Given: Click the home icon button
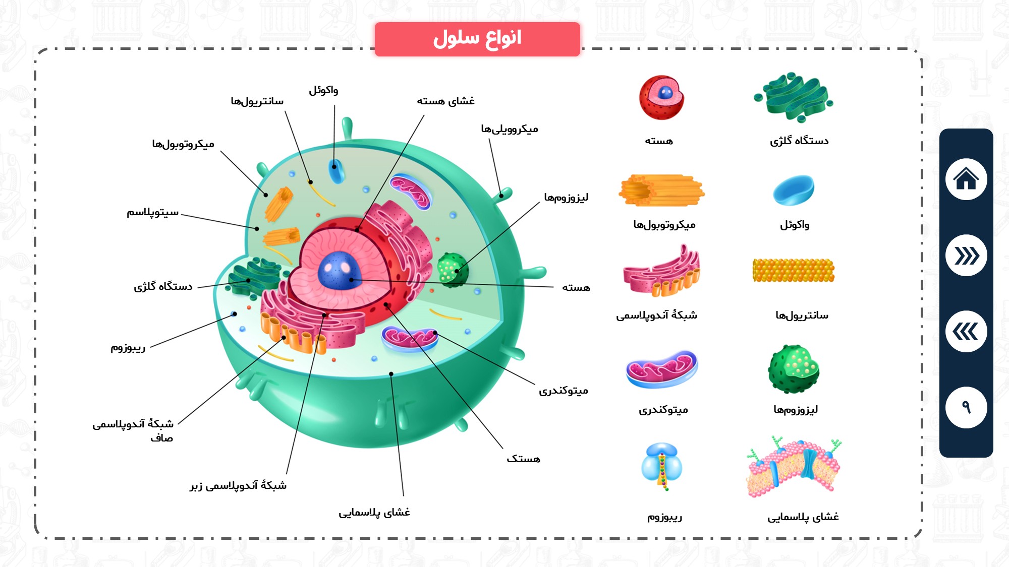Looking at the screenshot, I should pos(966,179).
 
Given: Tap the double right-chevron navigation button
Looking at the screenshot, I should pos(966,256).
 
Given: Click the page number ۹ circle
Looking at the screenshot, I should pos(966,407).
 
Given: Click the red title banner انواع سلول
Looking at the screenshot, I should pos(477,39).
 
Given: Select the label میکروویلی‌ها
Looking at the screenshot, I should pos(510,129).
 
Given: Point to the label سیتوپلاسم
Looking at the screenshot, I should pos(152,212).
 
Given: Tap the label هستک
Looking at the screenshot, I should pos(523,459).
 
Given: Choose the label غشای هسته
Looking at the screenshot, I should pos(445,101).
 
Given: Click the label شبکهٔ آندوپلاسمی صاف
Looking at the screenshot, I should pos(133,430).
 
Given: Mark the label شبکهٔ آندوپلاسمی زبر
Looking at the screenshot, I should pos(238,485).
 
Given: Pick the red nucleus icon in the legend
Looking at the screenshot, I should pos(661,98).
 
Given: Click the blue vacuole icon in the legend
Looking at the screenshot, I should pos(794,190).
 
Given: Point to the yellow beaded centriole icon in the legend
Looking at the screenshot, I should pos(793,270).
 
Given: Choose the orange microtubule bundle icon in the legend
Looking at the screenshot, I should pos(661,191).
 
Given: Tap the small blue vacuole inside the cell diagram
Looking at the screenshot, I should pos(335,171).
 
